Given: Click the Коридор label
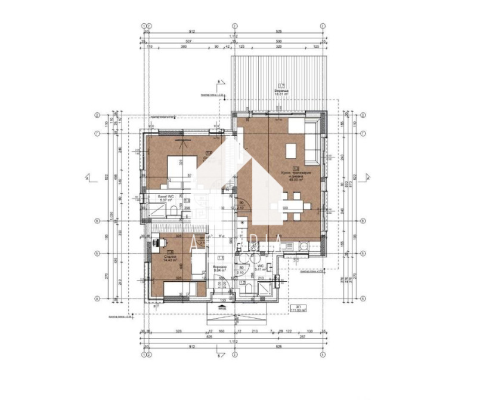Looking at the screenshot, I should coord(219,267).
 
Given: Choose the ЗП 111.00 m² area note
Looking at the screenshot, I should coord(298,309).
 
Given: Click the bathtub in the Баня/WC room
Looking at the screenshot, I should coord(156,208).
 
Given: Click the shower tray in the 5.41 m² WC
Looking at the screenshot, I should coord(265,290).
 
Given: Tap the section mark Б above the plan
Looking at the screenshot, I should coord(219,80).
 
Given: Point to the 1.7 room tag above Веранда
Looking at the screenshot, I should coord(281,85).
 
